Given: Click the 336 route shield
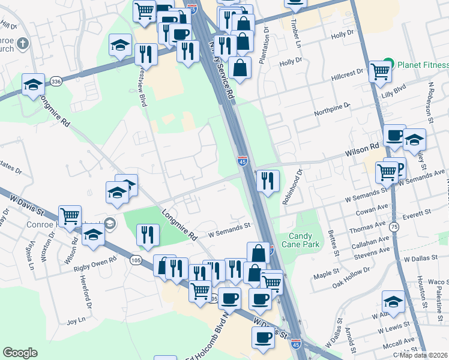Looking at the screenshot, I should (56, 81).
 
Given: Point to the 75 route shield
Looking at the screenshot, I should (394, 227).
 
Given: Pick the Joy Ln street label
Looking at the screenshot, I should (73, 321).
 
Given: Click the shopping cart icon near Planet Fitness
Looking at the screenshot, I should (381, 72).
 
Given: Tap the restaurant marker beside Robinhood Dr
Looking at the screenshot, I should (268, 179).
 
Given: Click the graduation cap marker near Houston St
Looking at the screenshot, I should (393, 301).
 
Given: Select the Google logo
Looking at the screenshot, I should (20, 352).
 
